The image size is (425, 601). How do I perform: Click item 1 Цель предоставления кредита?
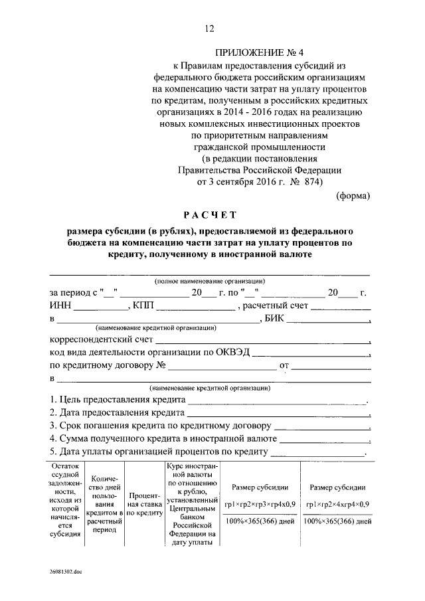(118, 400)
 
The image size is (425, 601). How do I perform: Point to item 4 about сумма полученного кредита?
(163, 439)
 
